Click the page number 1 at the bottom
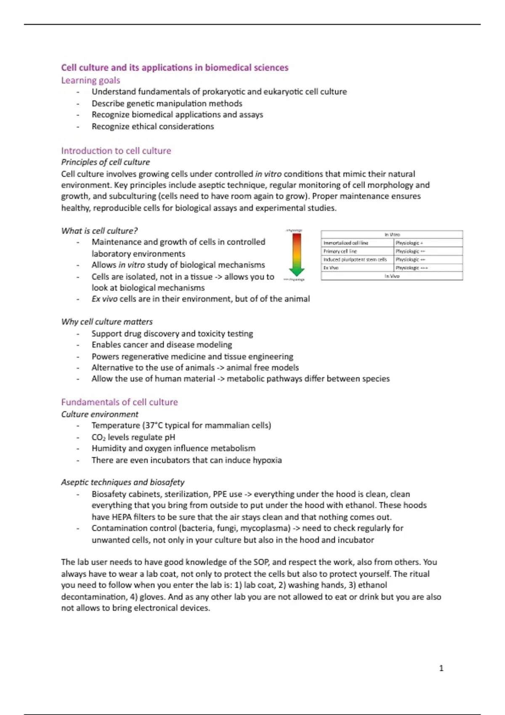click(441, 668)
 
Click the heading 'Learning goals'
click(90, 80)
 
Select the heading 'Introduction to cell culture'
click(116, 151)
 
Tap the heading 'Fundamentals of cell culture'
click(120, 402)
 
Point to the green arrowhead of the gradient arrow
click(297, 271)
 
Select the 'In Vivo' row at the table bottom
click(391, 276)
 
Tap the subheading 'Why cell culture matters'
click(107, 322)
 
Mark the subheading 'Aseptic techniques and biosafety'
click(122, 482)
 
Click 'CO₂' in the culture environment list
click(98, 437)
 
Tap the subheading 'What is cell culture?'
click(99, 231)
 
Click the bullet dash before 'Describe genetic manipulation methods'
click(78, 104)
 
